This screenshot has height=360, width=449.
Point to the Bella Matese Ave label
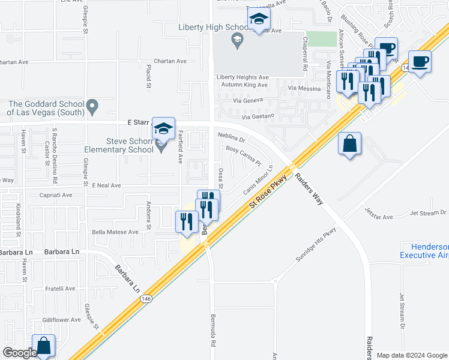point(115,232)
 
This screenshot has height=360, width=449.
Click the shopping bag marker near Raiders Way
point(349,145)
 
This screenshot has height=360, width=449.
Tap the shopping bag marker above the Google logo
point(43,346)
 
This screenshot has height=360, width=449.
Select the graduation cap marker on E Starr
point(163,128)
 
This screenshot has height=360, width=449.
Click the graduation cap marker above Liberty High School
point(259,19)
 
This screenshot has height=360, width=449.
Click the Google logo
point(20,353)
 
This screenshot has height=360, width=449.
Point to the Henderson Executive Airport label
point(424,251)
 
